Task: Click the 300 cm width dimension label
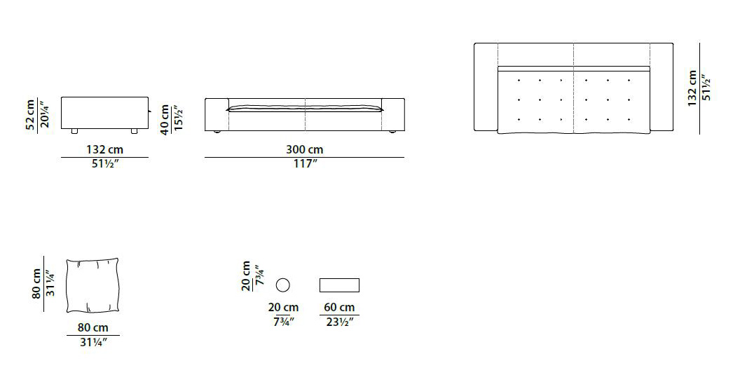304,150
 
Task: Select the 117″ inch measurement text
304,164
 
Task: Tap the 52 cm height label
31,114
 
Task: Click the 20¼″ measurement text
43,114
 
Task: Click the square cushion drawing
92,285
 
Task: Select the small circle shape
282,285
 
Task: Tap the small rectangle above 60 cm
339,285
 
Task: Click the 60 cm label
339,308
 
